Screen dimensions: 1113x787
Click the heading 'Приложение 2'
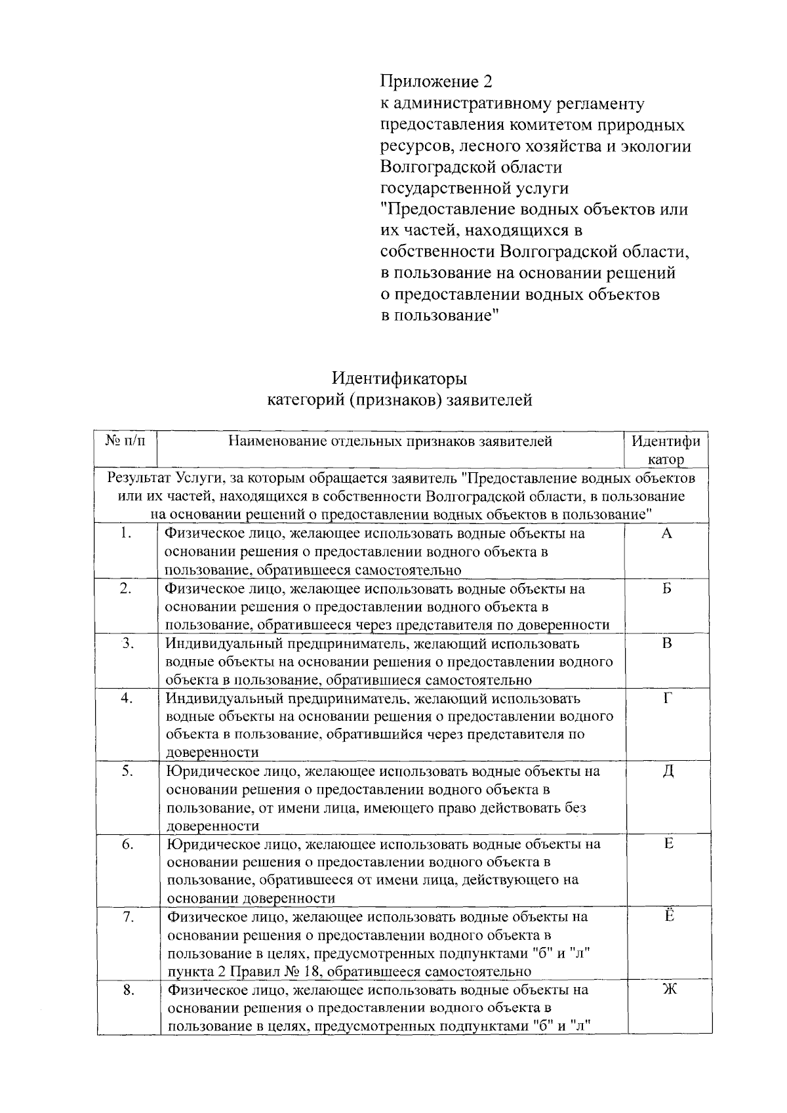coord(436,82)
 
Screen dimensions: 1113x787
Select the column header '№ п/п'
coord(127,441)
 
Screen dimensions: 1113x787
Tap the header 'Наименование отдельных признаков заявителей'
coord(390,441)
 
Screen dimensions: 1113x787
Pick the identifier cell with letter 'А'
coord(666,533)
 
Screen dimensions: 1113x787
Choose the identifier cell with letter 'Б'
coord(666,588)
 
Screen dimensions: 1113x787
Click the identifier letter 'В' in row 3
coord(666,643)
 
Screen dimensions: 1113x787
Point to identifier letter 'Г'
coord(667,698)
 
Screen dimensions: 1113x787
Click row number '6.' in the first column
coord(127,845)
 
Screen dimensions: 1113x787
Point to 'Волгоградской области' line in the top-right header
coord(471,167)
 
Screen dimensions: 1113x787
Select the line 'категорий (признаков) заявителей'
coord(400,400)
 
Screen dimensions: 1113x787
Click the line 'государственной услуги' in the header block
coord(475,188)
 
